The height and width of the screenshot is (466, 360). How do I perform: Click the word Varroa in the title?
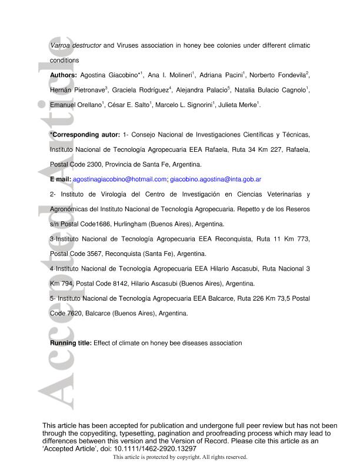(x=60, y=45)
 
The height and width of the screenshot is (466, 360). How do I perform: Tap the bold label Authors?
(x=64, y=75)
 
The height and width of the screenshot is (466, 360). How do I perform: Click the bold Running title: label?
(x=71, y=343)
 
